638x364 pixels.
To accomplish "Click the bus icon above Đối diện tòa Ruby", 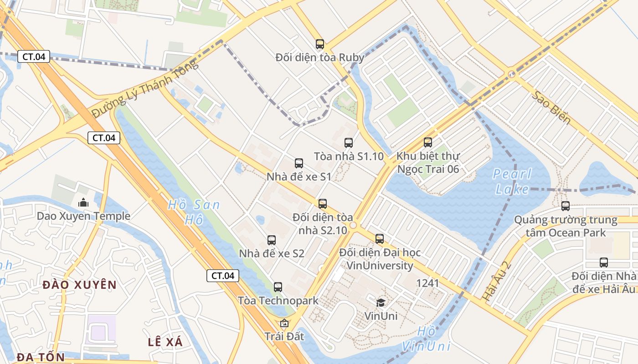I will (x=320, y=44).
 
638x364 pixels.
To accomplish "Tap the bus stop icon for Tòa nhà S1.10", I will (x=349, y=143).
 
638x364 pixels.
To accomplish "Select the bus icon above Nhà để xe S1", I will (x=299, y=163).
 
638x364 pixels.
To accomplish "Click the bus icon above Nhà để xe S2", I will (x=272, y=240).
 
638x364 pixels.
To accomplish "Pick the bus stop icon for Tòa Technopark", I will (x=278, y=287).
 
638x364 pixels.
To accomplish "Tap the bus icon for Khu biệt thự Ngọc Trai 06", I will (x=427, y=142).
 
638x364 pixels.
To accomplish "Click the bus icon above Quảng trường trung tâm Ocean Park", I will (x=566, y=206).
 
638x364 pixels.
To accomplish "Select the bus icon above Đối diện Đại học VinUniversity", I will (x=380, y=239).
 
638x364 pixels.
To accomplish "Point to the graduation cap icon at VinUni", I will (x=381, y=303).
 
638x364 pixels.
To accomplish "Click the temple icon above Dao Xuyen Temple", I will (x=83, y=202).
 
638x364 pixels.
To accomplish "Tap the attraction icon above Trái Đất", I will (x=284, y=324).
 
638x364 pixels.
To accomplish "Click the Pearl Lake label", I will (x=512, y=181).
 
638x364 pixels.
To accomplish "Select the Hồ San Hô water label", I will (x=193, y=212).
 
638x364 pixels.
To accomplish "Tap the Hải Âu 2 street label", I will (x=496, y=281).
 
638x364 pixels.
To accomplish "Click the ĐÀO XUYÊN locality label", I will (x=80, y=285).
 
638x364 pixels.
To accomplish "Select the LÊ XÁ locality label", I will (x=165, y=342).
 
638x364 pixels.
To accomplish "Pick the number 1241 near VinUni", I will (x=427, y=283).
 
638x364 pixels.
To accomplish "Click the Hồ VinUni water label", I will (x=433, y=339).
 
